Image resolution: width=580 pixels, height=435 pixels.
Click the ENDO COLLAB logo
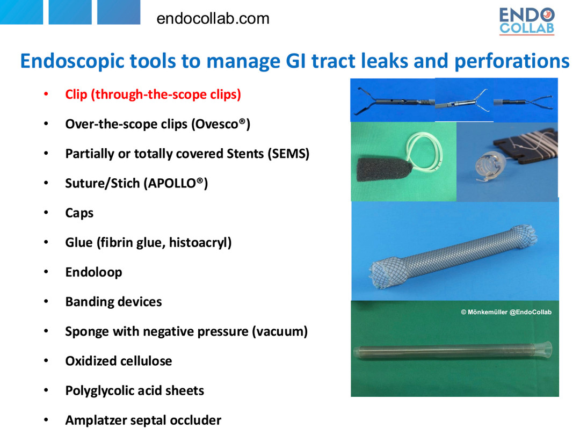click(x=527, y=21)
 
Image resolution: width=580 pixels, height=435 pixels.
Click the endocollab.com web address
click(x=213, y=18)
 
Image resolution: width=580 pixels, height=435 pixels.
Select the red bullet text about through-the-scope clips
click(x=153, y=95)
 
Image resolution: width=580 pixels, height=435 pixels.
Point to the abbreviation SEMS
click(x=291, y=154)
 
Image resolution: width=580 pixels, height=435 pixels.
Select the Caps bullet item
click(x=79, y=213)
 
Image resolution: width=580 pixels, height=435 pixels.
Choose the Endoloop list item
click(x=93, y=272)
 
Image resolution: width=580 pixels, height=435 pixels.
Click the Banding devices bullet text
click(x=113, y=302)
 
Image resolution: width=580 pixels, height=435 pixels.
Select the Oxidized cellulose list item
click(x=118, y=361)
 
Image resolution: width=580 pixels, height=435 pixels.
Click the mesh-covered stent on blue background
click(x=453, y=255)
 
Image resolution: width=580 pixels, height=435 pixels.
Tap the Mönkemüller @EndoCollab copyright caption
click(x=506, y=312)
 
